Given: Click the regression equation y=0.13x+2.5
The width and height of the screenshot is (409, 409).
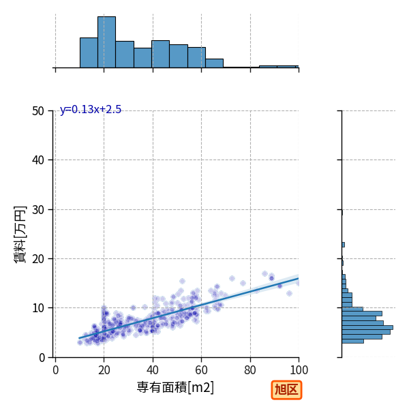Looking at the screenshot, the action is click(91, 110).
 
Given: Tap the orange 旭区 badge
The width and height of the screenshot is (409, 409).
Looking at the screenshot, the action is click(286, 390).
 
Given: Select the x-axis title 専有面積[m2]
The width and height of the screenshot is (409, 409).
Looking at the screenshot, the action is click(175, 387).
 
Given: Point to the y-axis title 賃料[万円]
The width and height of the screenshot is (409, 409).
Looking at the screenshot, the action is click(20, 234).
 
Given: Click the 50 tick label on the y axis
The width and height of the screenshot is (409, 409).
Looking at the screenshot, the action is click(38, 111).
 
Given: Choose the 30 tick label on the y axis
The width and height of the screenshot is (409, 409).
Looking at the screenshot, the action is click(38, 210).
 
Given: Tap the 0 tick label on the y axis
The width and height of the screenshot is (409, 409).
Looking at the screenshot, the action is click(42, 358).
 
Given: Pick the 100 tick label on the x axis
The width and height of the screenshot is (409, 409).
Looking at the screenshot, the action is click(299, 370).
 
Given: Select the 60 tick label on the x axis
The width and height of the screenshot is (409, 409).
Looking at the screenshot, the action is click(201, 370).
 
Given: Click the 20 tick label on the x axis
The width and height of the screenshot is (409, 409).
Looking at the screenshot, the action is click(104, 370).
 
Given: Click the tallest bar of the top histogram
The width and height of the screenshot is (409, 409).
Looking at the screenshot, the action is click(107, 42).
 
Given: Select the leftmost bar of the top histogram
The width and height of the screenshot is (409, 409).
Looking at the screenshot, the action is click(89, 52).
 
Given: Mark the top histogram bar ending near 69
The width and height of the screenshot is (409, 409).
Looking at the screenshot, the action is click(215, 63).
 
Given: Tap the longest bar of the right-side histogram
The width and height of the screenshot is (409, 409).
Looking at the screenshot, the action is click(367, 328).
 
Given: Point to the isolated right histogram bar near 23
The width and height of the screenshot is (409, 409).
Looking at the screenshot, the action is click(344, 245).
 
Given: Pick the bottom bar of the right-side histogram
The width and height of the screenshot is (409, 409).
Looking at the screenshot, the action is click(352, 342).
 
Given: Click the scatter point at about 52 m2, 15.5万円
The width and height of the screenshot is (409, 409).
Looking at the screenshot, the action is click(182, 281).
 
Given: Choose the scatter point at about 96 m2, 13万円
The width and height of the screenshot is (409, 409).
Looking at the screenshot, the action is click(289, 293).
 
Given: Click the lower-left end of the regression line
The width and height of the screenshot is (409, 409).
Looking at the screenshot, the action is click(79, 338).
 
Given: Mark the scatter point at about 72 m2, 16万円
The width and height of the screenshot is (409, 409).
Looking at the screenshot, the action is click(232, 279).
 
